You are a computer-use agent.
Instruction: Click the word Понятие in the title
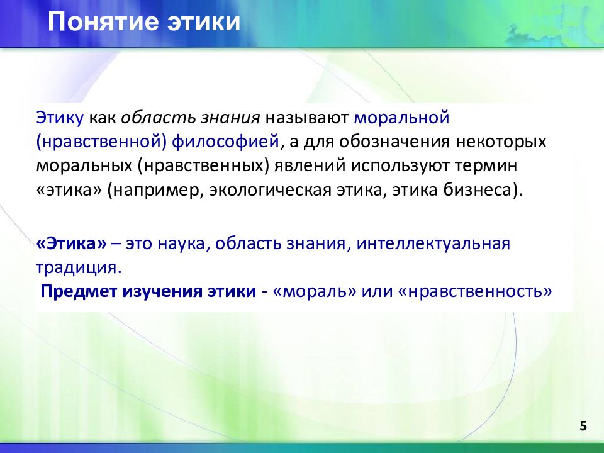pos(103,21)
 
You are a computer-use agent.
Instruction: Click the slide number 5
pos(583,426)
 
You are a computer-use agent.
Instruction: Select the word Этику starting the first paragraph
pos(60,118)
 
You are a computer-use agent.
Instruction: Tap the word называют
pos(306,118)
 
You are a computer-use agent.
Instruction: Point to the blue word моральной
pos(402,117)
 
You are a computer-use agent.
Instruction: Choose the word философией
pos(225,142)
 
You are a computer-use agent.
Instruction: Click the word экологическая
pos(271,190)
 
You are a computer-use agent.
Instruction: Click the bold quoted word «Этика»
pos(71,243)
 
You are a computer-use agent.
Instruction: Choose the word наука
pos(181,244)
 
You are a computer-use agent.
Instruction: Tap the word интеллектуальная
pos(433,243)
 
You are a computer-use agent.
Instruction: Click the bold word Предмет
pos(79,291)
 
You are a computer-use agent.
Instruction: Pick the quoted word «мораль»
pos(315,291)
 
